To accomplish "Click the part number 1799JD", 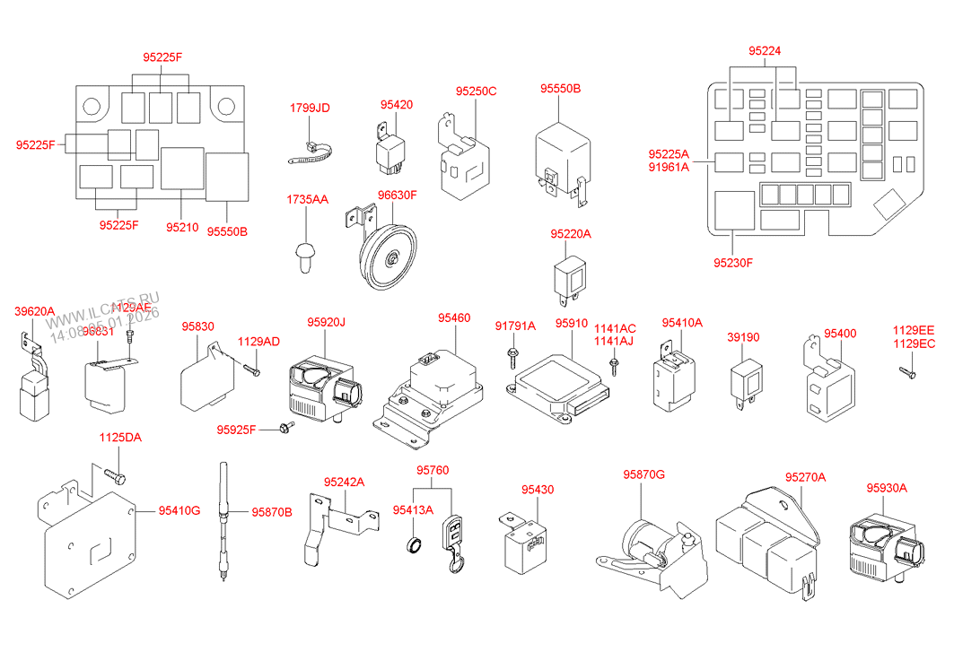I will [310, 108].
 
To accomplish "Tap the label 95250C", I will [476, 91].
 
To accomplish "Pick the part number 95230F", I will [733, 263].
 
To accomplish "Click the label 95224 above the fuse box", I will [766, 51].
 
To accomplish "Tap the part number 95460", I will [454, 318].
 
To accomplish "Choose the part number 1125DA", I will [120, 438].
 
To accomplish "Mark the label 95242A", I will [345, 482].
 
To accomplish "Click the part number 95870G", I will [644, 474].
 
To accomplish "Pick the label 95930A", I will [887, 488].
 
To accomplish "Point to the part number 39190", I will [743, 337].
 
